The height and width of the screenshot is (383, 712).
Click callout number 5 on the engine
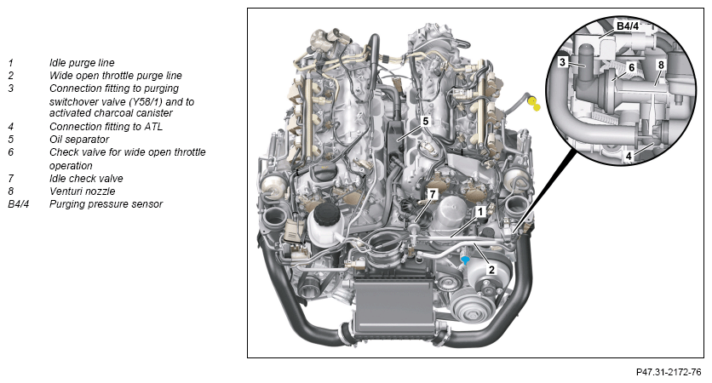pos(426,121)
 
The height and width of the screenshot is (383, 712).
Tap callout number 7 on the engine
pos(433,194)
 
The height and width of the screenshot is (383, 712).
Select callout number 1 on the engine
pos(480,211)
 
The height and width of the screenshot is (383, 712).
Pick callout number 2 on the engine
pos(491,270)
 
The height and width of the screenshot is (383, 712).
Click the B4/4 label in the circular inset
pos(627,26)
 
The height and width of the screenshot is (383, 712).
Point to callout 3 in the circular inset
pos(563,62)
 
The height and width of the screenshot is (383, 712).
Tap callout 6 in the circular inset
pos(631,68)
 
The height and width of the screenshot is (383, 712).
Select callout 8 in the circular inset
pos(661,65)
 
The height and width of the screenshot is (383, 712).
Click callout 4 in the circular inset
pos(629,156)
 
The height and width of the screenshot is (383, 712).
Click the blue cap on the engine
pos(465,260)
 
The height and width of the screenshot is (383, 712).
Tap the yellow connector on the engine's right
pos(534,104)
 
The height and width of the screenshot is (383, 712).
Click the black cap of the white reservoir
pos(324,214)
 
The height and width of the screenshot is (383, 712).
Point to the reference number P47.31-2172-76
pos(669,372)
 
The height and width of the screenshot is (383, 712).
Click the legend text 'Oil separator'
pos(79,140)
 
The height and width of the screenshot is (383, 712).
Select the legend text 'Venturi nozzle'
pos(83,191)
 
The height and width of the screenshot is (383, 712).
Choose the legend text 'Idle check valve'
pos(86,179)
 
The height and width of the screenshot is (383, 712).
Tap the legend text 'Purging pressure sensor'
pos(106,203)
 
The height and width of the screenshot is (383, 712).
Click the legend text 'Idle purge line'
pos(82,63)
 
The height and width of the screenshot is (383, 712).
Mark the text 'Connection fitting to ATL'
pos(106,127)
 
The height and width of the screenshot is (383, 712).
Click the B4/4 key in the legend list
pos(18,203)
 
